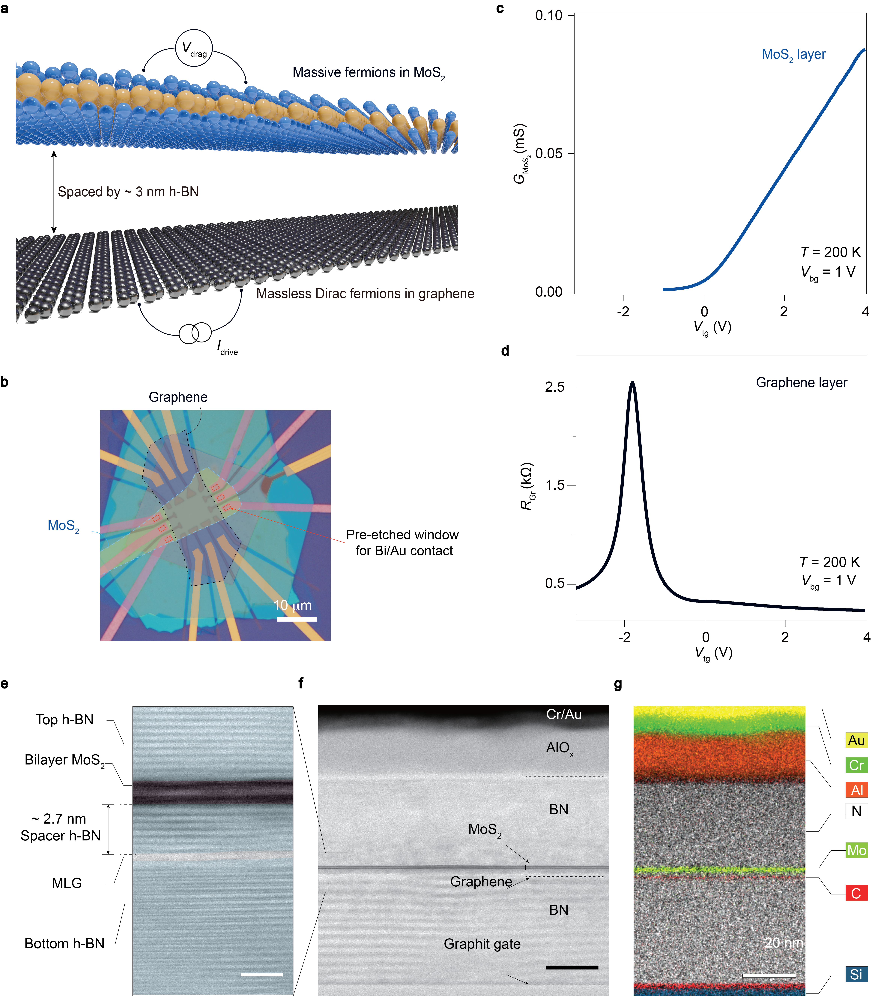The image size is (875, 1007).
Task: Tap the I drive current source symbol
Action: [195, 333]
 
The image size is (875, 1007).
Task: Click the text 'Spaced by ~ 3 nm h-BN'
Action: [128, 191]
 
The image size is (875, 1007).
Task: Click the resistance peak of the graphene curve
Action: [632, 383]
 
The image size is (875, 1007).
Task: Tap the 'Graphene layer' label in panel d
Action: [801, 383]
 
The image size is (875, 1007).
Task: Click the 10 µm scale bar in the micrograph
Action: [297, 619]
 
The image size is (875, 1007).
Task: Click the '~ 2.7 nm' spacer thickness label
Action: [59, 818]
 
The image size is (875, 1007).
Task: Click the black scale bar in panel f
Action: [572, 967]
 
